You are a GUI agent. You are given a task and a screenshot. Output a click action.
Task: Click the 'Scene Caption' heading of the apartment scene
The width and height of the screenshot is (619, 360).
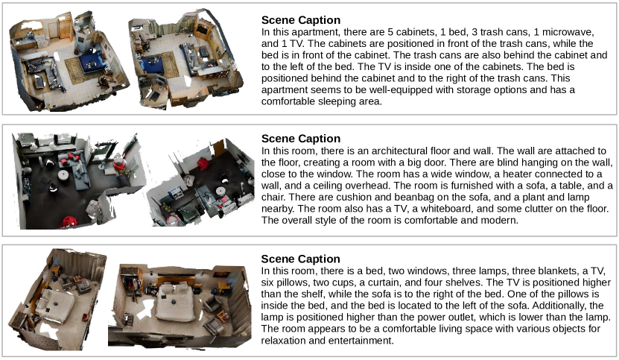300,20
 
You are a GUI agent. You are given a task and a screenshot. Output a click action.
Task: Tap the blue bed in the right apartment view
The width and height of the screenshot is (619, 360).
153,66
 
